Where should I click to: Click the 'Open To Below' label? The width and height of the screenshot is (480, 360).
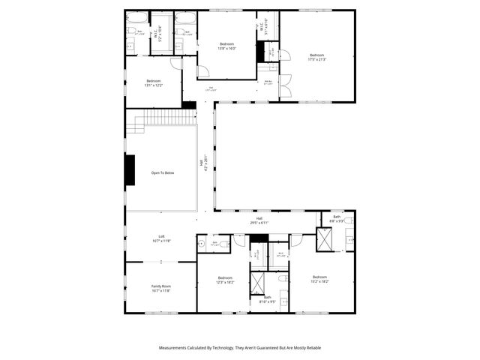pyautogui.click(x=162, y=173)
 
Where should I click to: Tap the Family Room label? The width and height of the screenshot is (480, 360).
pyautogui.click(x=161, y=288)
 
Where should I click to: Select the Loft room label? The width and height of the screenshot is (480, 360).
pyautogui.click(x=161, y=238)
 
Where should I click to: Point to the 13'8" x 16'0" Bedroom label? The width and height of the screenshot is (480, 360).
pyautogui.click(x=226, y=46)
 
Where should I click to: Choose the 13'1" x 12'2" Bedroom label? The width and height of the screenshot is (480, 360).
pyautogui.click(x=153, y=82)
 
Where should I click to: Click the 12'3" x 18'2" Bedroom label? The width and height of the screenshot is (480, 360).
pyautogui.click(x=225, y=280)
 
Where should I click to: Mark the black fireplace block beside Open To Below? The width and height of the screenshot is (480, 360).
pyautogui.click(x=130, y=169)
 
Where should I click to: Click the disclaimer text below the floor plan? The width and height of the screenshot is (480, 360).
pyautogui.click(x=240, y=348)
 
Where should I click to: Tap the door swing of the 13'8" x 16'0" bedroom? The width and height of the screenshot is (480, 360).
pyautogui.click(x=202, y=71)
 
